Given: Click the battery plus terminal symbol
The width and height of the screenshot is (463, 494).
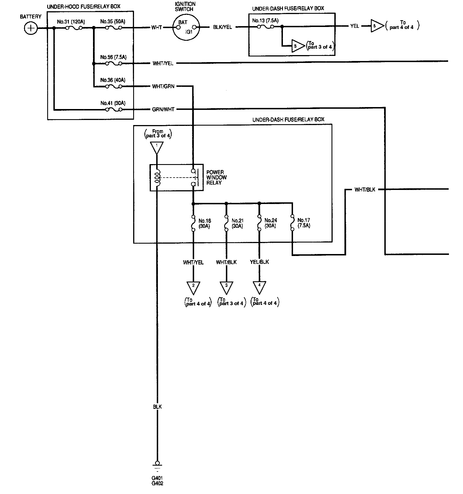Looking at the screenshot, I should coord(31,28).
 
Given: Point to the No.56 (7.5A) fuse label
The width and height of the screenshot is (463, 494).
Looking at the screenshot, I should coord(114,57).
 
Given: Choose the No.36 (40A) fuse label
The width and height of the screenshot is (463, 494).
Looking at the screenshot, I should coord(113,80).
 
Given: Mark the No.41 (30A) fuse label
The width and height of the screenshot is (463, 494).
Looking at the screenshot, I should coord(113,103).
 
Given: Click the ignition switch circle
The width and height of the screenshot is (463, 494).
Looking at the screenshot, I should coord(186,28).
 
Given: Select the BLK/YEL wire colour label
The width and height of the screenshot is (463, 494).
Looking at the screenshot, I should coord(223,28).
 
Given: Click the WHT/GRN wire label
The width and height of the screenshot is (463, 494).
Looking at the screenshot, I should coord(163,87).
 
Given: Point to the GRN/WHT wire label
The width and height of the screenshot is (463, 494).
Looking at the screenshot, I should coord(163,110).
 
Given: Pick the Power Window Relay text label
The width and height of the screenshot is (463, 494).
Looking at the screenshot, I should coord(216,178).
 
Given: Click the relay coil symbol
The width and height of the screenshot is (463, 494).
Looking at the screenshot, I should coord(158,178).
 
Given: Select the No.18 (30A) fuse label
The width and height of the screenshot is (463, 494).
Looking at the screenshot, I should coord(205,223).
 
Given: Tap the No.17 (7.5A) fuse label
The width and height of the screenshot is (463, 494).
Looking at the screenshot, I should coord(304,223).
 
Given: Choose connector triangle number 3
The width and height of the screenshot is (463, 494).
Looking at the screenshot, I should coord(226,287).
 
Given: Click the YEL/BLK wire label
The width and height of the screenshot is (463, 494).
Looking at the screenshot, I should coord(259,262).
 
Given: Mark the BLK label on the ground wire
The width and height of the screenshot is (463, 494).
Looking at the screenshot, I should coord(157,407).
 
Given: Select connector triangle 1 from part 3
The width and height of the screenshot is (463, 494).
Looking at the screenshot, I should coord(157,147).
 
